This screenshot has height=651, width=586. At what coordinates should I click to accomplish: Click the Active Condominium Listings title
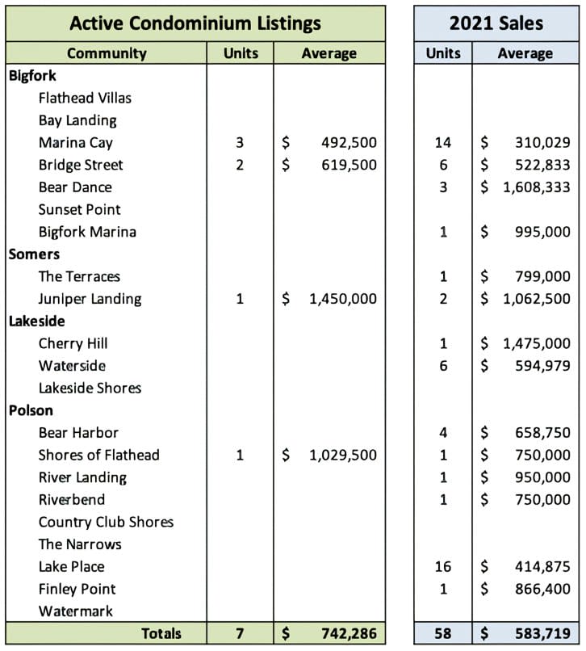coord(195,22)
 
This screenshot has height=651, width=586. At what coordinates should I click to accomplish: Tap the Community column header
coord(107,53)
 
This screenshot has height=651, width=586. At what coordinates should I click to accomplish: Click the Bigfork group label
coord(31,75)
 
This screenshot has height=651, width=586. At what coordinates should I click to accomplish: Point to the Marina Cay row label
coord(76,143)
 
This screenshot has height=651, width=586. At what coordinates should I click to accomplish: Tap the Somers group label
coord(33,254)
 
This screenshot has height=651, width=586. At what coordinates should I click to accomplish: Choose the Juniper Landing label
coord(90,299)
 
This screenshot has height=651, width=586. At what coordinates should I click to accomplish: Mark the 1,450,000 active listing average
coord(342,299)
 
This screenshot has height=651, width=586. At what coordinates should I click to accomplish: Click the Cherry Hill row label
coord(73,343)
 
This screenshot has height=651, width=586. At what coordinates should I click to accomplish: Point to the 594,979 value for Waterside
coord(542,366)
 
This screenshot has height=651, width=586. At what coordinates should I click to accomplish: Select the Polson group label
coord(30,410)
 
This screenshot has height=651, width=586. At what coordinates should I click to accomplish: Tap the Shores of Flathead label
coord(99,455)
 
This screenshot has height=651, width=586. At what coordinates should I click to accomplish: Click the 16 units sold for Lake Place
coord(443,567)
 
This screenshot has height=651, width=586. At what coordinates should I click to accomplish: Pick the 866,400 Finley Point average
coord(542,589)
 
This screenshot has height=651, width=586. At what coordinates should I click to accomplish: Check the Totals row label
coord(161,633)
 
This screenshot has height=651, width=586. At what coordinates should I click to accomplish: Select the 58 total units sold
coord(443,633)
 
